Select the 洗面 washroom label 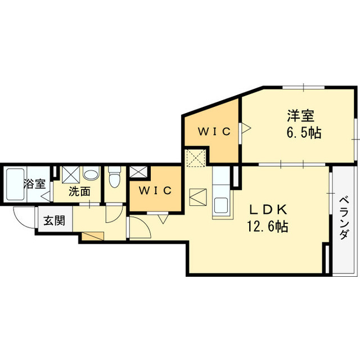79,191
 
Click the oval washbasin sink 91,173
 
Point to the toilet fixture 115,178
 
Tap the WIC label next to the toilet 155,191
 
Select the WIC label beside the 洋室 213,133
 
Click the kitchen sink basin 222,204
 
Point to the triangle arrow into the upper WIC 245,129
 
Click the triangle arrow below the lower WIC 162,218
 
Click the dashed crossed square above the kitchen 196,158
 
